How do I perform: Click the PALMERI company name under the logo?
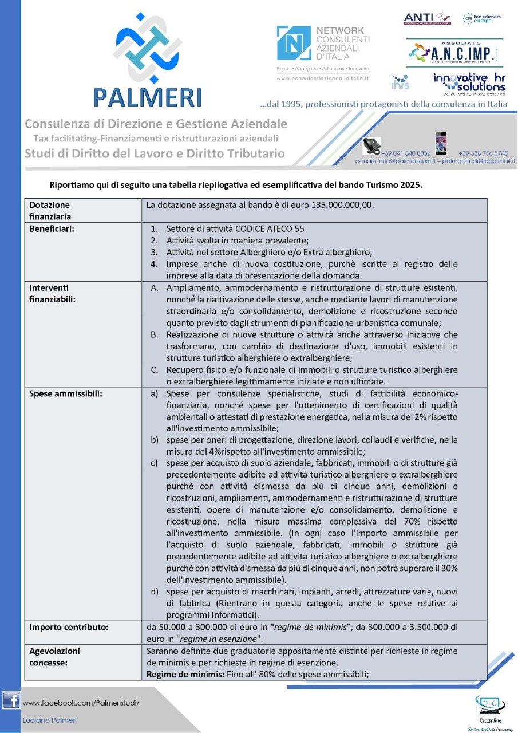coord(148,97)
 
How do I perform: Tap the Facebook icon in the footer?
coord(11,700)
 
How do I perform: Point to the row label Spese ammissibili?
coord(66,394)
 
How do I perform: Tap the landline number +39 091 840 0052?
coord(405,153)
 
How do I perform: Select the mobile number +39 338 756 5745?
coord(483,153)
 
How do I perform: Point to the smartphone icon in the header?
coord(440,144)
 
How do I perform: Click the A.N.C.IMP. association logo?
coord(454,53)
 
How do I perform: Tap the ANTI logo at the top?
coord(427,18)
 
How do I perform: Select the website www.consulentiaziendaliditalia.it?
coord(322,77)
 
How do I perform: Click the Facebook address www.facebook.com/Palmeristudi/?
coord(81,702)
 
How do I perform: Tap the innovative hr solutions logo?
coord(469,82)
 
